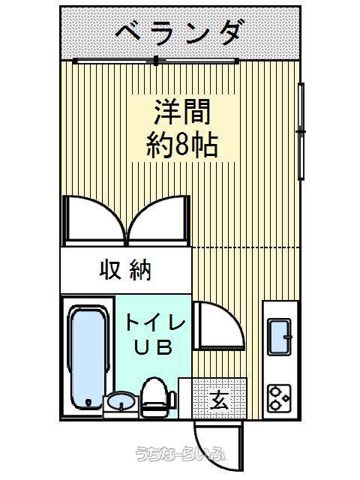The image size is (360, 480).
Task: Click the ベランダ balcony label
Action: tap(178, 32)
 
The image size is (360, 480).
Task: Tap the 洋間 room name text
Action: tap(183, 112)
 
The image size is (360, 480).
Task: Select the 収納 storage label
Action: tap(125, 270)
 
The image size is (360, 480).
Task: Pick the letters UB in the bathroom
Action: tap(153, 347)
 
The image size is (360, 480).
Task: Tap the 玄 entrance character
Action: tap(220, 399)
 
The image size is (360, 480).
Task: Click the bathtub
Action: tap(88, 357)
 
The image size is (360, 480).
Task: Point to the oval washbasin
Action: tap(121, 400)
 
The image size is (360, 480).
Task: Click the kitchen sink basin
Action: tap(280, 337)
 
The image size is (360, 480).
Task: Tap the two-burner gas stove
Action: tap(280, 398)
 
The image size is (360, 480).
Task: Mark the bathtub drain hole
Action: tap(88, 402)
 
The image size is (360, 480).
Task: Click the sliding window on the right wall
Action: tap(301, 132)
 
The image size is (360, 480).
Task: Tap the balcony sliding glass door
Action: tap(156, 61)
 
